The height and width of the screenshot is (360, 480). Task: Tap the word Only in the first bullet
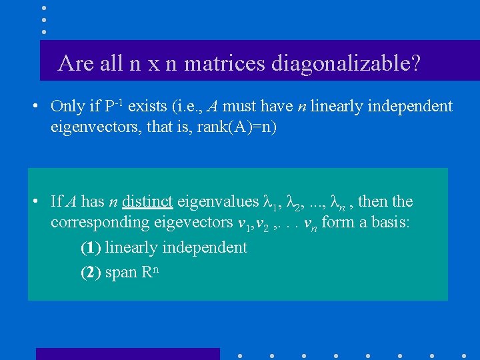(67, 107)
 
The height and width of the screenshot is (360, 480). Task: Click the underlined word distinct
(147, 201)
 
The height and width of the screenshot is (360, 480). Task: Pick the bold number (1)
(91, 248)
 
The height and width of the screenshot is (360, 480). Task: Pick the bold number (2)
(91, 273)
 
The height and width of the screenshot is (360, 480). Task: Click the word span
(121, 273)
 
